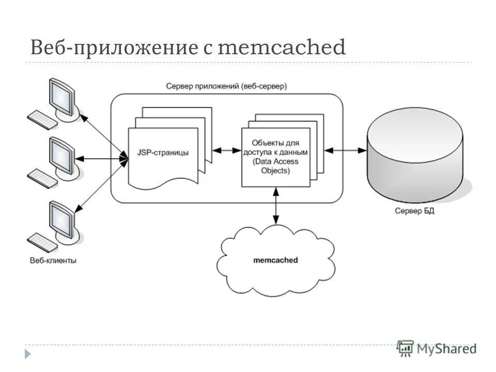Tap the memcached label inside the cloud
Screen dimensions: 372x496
click(x=275, y=260)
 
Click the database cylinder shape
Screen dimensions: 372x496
click(x=420, y=155)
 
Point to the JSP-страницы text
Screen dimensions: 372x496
click(x=163, y=152)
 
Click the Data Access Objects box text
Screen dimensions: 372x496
click(x=275, y=156)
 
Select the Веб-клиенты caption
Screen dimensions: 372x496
click(x=53, y=261)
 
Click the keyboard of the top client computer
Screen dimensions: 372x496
click(x=41, y=119)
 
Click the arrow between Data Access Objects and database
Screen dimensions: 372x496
click(x=345, y=150)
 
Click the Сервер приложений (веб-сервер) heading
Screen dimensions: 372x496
click(x=226, y=86)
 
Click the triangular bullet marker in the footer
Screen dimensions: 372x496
click(x=28, y=354)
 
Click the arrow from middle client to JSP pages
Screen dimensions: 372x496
click(x=101, y=159)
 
